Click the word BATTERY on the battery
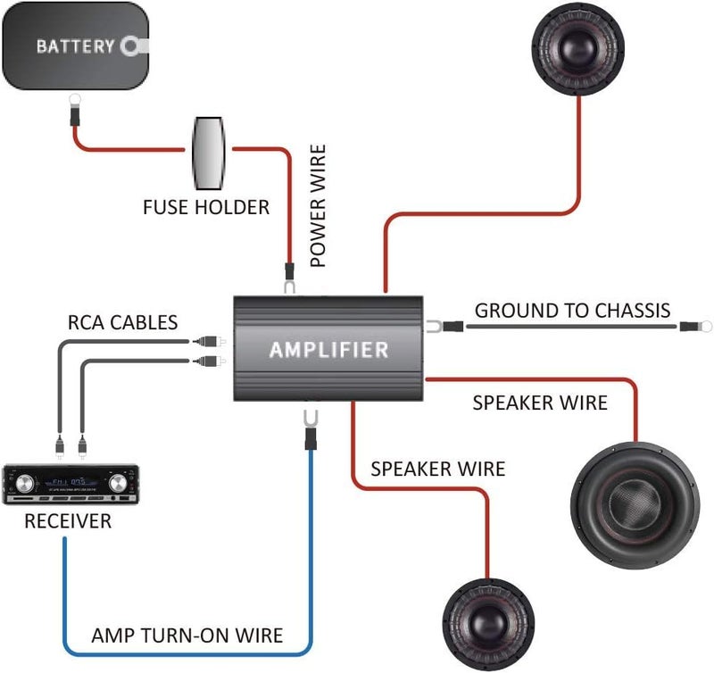(x=75, y=46)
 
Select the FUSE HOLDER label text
(x=206, y=208)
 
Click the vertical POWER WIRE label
(x=319, y=206)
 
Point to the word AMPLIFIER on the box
(x=328, y=349)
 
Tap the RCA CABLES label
(x=123, y=321)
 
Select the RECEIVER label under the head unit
(x=69, y=521)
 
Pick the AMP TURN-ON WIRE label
(x=187, y=636)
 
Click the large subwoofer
(x=635, y=499)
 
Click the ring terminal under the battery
(x=70, y=115)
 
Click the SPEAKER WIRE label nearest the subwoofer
(x=539, y=403)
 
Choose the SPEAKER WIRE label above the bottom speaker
(x=437, y=469)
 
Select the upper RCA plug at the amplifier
(x=206, y=341)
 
